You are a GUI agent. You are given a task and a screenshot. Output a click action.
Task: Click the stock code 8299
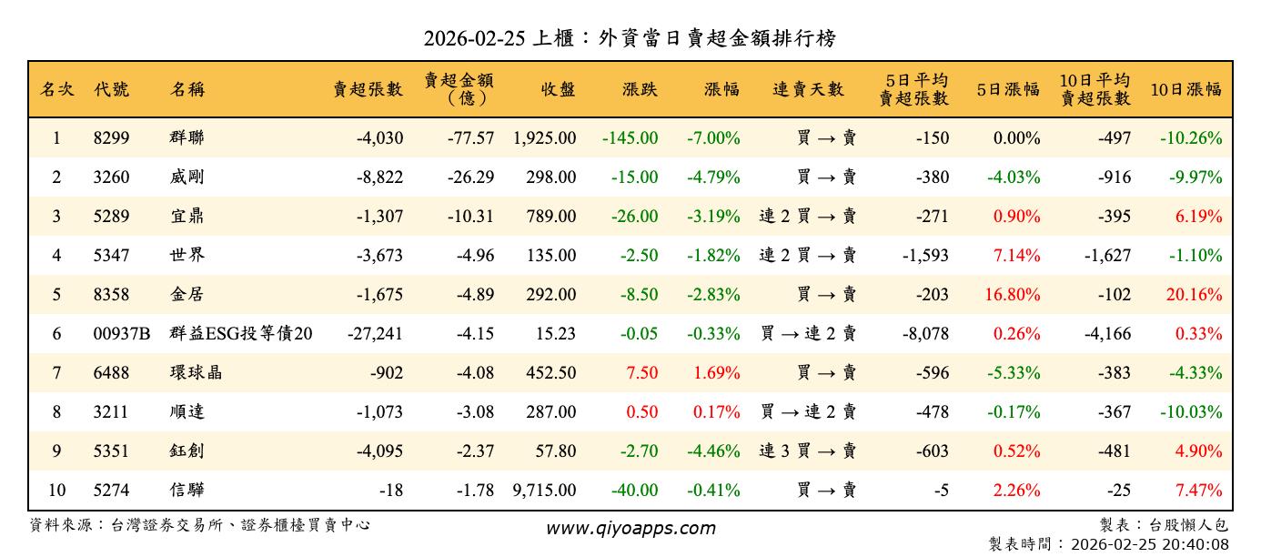[112, 138]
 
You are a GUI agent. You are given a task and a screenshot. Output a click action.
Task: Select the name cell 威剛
[187, 177]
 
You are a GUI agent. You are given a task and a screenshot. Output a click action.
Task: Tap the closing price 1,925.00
[544, 138]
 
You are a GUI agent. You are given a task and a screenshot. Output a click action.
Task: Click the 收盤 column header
[558, 89]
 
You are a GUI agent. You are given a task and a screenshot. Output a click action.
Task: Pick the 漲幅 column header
[721, 89]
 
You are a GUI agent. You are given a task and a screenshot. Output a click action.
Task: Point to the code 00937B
[122, 334]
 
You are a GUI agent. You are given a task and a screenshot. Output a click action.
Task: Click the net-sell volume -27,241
[375, 334]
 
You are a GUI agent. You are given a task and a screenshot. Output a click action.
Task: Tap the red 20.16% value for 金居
[1198, 295]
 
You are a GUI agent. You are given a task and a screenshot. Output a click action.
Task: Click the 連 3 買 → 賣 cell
[808, 451]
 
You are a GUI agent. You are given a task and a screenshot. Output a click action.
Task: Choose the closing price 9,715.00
[544, 491]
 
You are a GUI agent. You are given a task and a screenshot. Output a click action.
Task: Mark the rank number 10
[56, 491]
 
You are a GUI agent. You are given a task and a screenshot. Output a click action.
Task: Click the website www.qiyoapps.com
[630, 528]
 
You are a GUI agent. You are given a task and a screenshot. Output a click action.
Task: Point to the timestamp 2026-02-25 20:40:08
[1150, 544]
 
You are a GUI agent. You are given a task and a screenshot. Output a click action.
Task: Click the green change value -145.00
[630, 138]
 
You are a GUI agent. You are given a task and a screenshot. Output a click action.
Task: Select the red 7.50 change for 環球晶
[641, 373]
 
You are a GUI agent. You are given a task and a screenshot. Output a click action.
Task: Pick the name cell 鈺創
[187, 451]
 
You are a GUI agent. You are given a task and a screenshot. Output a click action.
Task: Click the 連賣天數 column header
[808, 89]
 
